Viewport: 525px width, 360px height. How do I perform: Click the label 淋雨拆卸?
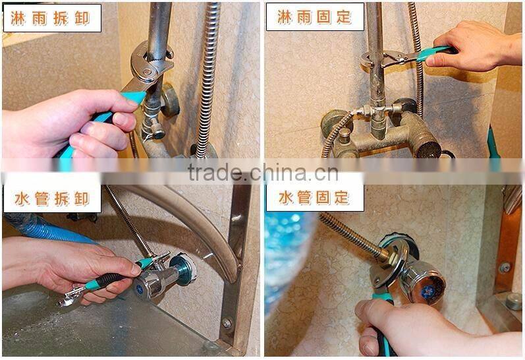tap(52, 18)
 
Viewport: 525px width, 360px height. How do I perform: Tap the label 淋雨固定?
tap(315, 16)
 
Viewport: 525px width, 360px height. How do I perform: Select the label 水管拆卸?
tap(52, 197)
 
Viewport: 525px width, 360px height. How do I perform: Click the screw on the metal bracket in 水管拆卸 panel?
tap(227, 322)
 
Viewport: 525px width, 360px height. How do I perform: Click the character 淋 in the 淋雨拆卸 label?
tap(18, 18)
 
